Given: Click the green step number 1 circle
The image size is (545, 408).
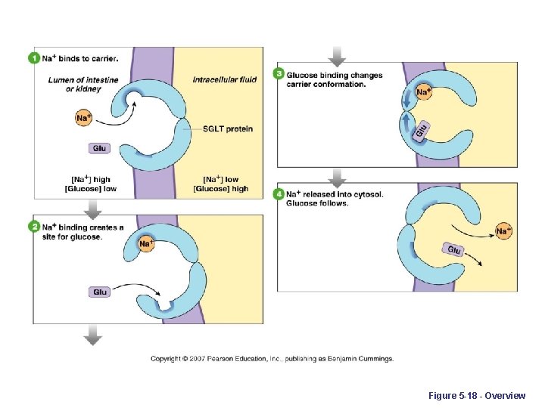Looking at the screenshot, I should tap(33, 57).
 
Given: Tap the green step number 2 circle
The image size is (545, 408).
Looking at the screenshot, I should tap(33, 227).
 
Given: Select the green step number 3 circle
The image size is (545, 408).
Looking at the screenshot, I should tap(279, 75).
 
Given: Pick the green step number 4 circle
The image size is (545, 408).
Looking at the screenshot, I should tap(279, 194).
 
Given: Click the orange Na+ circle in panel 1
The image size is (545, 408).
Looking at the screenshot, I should tap(84, 117).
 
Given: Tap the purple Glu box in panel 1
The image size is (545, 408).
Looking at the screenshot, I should tap(99, 148).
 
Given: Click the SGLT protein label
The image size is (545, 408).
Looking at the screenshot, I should tap(227, 129).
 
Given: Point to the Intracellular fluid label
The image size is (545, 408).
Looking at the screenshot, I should tap(224, 79).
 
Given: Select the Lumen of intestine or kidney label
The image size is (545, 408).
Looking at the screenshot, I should tap(74, 84).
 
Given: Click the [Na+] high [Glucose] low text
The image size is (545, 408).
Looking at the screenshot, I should tap(91, 184).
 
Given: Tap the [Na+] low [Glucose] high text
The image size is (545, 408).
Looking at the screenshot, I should tap(220, 184).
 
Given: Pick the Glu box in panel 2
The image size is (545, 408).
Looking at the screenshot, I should tap(100, 292).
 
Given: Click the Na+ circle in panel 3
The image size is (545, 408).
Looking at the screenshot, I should tap(424, 92).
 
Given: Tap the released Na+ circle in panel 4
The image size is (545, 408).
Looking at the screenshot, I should tap(503, 230).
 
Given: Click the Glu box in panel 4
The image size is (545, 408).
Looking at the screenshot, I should tap(453, 250).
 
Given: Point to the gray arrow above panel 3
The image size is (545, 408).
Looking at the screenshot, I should tap(338, 57).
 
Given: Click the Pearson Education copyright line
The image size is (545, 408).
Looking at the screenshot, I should tap(272, 359).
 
